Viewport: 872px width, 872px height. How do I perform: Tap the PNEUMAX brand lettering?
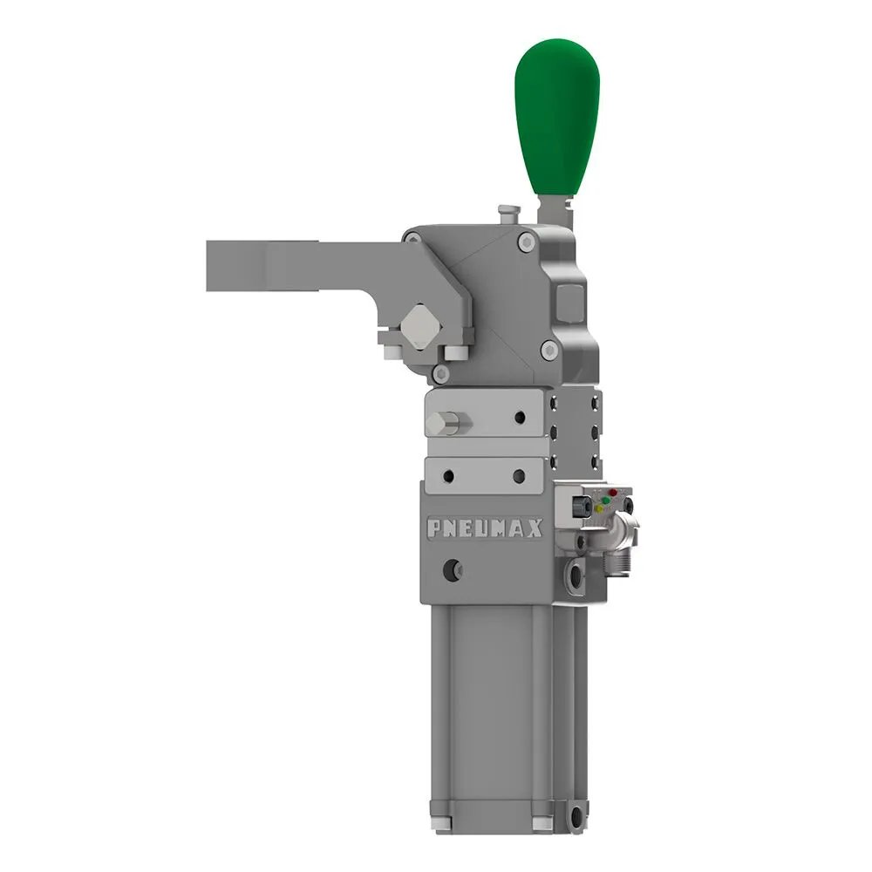[x=484, y=528]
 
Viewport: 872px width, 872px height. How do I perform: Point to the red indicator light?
[x=612, y=493]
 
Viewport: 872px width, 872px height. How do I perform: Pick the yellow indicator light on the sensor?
[x=601, y=509]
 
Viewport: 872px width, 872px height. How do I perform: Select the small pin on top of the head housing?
[x=505, y=213]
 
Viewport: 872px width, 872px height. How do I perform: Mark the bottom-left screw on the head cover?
[x=442, y=373]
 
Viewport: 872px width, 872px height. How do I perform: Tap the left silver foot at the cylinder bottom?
[x=439, y=822]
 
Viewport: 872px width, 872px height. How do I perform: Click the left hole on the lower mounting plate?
[x=448, y=476]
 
